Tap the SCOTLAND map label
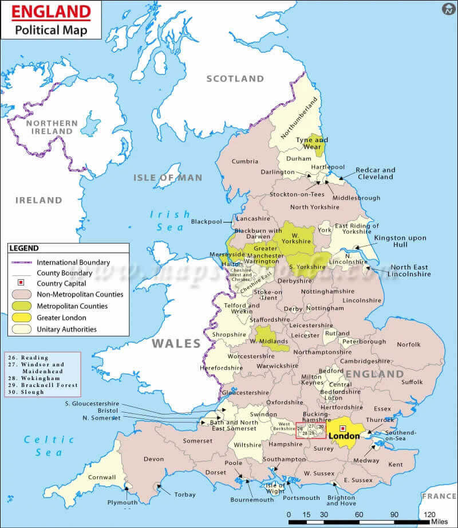[x=235, y=79]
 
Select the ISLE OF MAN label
[x=168, y=178]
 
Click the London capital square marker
[x=343, y=428]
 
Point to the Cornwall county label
[x=101, y=477]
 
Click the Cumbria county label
[x=244, y=161]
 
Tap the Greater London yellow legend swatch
[x=21, y=318]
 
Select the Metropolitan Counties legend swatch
[x=21, y=306]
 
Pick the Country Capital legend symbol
[x=21, y=283]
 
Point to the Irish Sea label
[x=170, y=221]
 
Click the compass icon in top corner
[x=448, y=9]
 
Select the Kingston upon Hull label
[x=400, y=241]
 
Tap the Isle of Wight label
[x=275, y=488]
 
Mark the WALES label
[x=176, y=344]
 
